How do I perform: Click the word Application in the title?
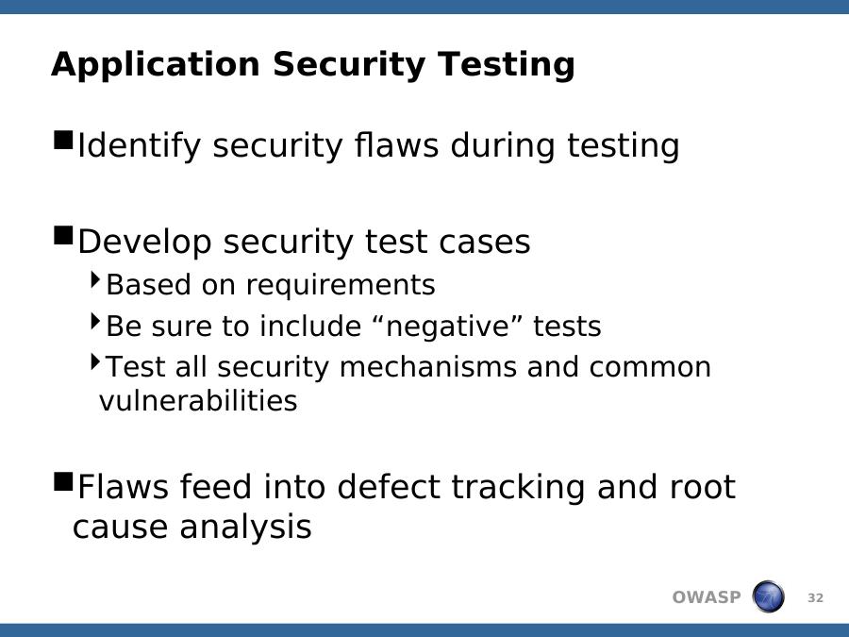156,65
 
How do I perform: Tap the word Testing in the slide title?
507,65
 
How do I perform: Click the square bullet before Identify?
64,140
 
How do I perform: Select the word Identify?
140,146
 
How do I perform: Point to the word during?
503,145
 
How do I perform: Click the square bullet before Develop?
64,236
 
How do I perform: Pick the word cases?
485,243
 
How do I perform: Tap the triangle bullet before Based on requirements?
96,279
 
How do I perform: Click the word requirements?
341,285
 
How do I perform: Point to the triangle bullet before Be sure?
96,321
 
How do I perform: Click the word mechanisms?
427,367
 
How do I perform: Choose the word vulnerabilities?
198,401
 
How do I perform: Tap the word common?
650,368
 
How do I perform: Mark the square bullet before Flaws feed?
64,480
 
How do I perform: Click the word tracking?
518,487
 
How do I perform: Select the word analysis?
246,527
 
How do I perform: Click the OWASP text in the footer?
707,597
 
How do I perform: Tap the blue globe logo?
768,596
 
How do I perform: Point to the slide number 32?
815,598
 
